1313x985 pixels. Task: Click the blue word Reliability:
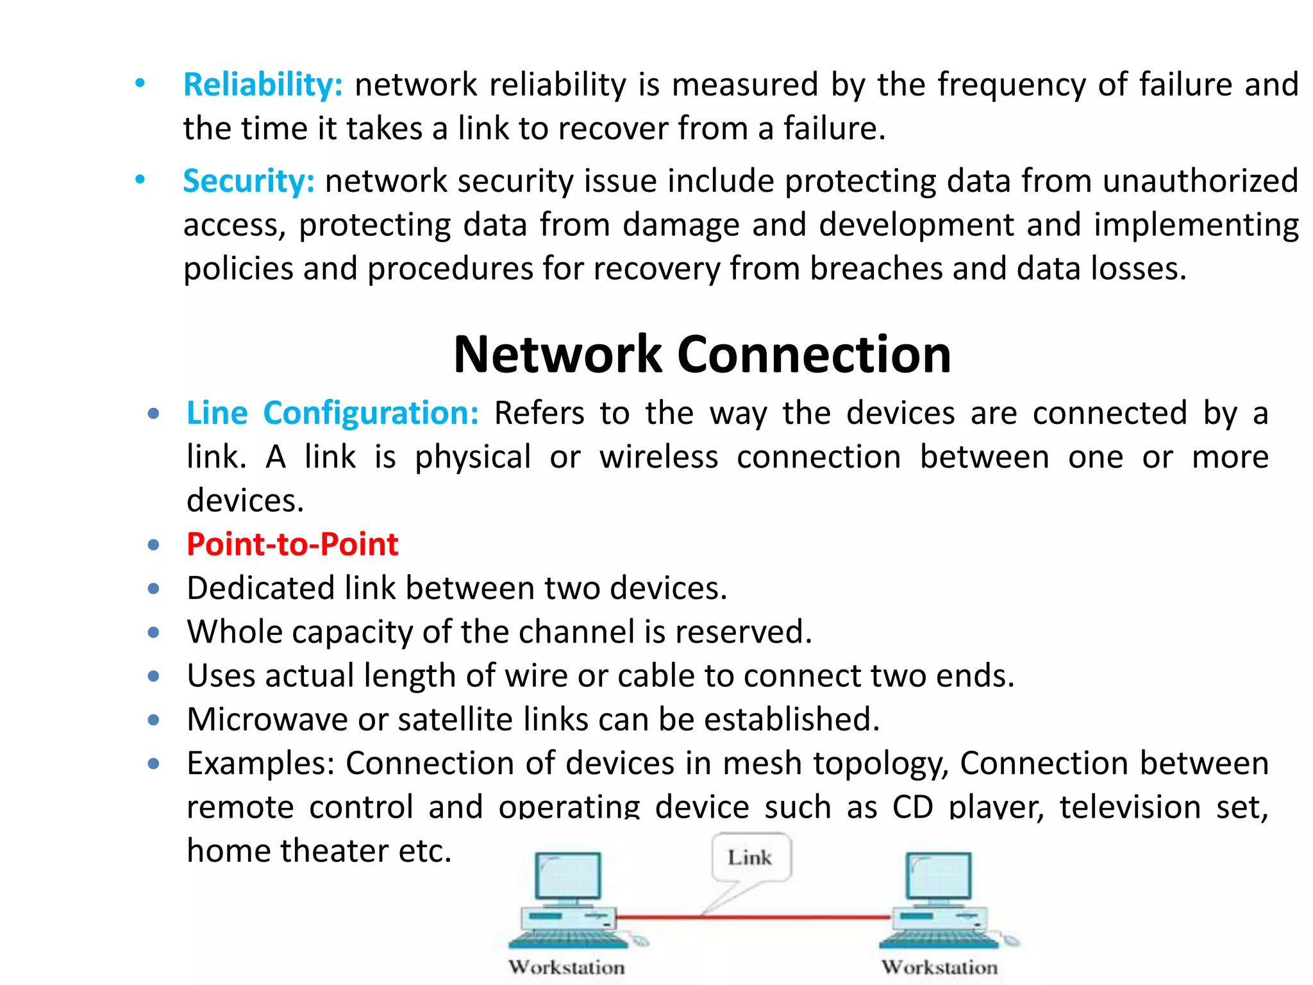click(263, 85)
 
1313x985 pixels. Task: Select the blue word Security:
click(249, 181)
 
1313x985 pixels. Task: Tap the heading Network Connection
click(702, 354)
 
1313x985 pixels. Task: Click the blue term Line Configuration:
click(332, 413)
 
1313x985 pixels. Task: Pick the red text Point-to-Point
click(292, 544)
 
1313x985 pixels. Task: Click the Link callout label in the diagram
click(749, 857)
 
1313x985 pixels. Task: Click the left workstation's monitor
click(568, 876)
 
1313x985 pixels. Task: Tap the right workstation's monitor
click(939, 876)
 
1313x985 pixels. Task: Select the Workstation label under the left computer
click(567, 967)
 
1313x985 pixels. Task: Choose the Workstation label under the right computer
click(939, 967)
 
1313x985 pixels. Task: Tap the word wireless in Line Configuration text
click(658, 457)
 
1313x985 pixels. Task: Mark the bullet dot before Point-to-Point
click(153, 545)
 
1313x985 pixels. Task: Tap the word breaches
click(876, 268)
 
